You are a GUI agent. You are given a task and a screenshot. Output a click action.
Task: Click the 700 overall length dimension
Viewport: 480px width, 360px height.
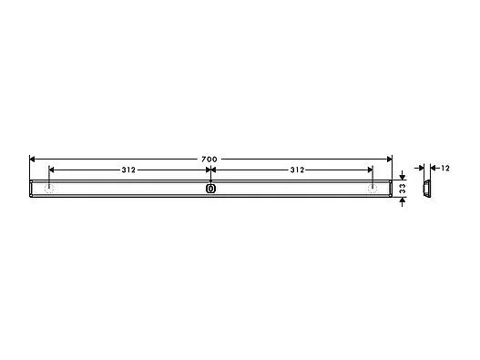click(209, 159)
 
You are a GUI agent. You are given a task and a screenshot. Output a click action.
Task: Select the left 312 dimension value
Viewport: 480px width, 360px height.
click(129, 170)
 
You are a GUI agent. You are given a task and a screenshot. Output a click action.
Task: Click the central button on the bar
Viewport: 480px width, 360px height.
click(210, 189)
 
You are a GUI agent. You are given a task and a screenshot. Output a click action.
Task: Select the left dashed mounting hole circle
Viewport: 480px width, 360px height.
click(49, 190)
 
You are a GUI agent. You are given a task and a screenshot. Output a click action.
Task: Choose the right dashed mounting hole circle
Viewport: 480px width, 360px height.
click(372, 190)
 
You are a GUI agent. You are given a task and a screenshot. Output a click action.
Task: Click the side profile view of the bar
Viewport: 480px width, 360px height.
click(424, 189)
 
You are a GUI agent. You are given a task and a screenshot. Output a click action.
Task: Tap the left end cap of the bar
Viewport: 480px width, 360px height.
click(33, 189)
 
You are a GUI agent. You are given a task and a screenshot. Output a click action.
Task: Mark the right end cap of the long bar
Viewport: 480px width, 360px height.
click(388, 189)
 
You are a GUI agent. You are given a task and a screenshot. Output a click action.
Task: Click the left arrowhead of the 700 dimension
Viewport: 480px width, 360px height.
click(34, 159)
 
